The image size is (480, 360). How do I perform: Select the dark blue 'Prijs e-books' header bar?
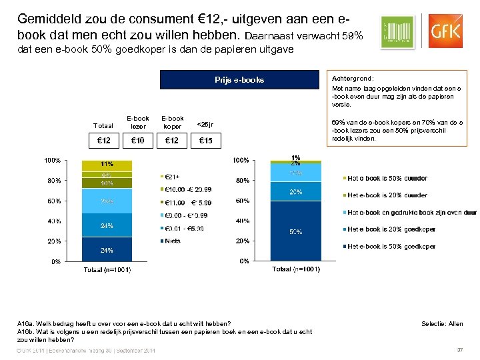(239, 80)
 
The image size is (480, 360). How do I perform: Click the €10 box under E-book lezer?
(138, 140)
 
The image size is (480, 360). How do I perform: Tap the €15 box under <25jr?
(205, 140)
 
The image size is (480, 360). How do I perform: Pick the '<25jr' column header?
(205, 123)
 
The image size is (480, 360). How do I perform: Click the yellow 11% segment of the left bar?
(107, 165)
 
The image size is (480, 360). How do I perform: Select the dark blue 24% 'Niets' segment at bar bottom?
(107, 249)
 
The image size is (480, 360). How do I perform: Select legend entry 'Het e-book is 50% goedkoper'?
(391, 247)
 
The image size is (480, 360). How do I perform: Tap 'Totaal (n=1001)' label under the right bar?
(296, 269)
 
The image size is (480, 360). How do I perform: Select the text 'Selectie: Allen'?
(442, 324)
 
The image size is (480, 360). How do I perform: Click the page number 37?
(459, 350)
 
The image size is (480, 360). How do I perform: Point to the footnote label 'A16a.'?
(27, 324)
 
